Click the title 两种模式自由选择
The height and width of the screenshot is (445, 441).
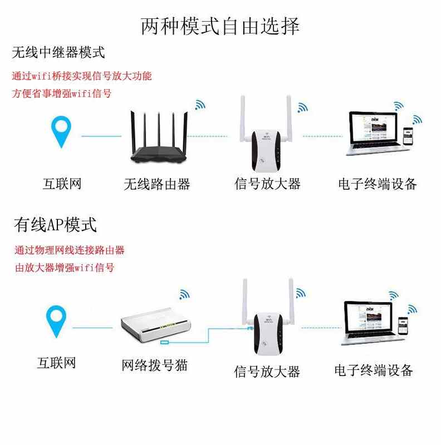coord(220,26)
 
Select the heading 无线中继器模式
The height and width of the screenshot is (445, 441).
coord(58,53)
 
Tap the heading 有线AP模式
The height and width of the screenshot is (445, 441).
coord(55,225)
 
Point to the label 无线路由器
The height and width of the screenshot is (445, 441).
coord(157,184)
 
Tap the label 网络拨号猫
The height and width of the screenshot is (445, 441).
coord(155,365)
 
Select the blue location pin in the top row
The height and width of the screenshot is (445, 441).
coord(61,130)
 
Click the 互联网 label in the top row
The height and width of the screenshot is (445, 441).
coord(62,184)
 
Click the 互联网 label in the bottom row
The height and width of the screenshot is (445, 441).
coord(56,364)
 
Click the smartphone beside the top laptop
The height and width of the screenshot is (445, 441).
coord(409,137)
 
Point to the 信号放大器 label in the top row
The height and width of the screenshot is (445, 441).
coord(267,184)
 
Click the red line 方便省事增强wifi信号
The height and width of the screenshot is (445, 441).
coord(62,93)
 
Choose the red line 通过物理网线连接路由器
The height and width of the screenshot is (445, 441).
coord(70,250)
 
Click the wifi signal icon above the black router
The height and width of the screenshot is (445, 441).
coord(199,105)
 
